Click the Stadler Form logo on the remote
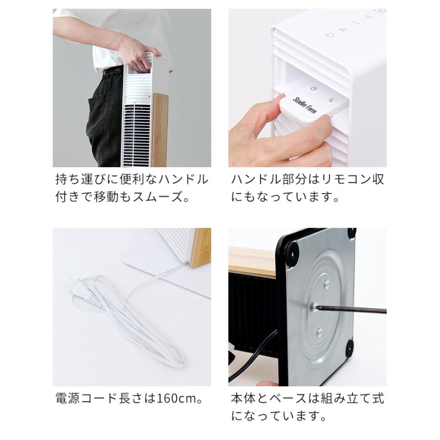pos(305,105)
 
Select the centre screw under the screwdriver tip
pos(314,307)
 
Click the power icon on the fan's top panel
pos(329,35)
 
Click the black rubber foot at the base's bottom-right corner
pos(350,349)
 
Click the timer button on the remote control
pos(314,89)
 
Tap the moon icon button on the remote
pos(331,100)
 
